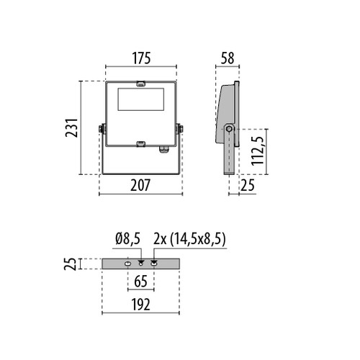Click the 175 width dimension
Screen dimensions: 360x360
(x=142, y=58)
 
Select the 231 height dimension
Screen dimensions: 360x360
(x=72, y=127)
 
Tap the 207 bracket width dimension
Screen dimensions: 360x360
(x=140, y=185)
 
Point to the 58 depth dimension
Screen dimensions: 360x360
(x=228, y=58)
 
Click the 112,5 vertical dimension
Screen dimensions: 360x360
(x=258, y=150)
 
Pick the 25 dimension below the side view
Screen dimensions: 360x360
(x=248, y=185)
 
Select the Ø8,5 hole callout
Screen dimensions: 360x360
(x=127, y=239)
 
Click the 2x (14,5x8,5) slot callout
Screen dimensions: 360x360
(x=189, y=239)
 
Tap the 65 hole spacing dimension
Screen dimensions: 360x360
(x=140, y=282)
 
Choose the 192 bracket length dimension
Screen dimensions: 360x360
(x=140, y=305)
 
